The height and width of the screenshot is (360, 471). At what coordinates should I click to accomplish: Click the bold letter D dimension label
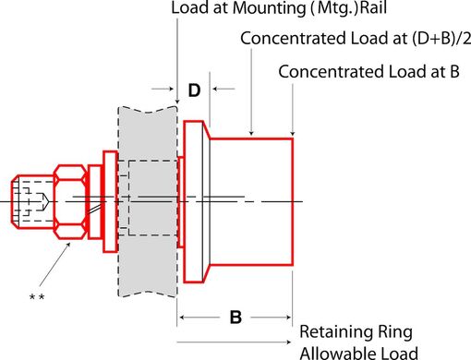coord(194,90)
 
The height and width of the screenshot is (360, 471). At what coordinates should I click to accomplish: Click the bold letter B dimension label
coord(235,317)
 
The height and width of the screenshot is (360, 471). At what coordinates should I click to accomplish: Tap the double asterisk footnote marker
coord(37,296)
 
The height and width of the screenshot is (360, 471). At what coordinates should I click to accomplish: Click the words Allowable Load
coord(359,352)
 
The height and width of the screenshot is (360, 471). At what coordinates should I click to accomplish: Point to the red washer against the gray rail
coord(109,200)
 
